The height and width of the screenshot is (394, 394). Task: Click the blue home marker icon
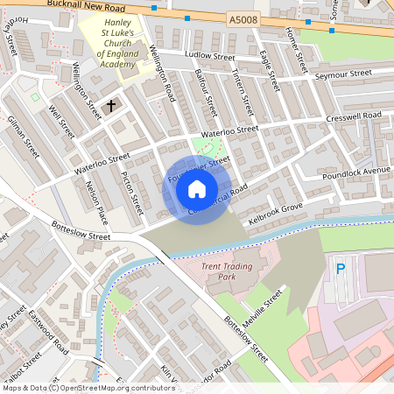coord(197,189)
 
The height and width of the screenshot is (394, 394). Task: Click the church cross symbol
coord(110,106)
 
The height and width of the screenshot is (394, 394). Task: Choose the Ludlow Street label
coord(211,55)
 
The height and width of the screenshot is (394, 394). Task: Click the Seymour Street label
coord(342,74)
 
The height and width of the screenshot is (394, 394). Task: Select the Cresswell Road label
coord(353,116)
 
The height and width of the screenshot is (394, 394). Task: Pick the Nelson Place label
coord(95,202)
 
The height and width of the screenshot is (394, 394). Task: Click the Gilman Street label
coord(23,136)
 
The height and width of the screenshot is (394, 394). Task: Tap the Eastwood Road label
coord(48,331)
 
